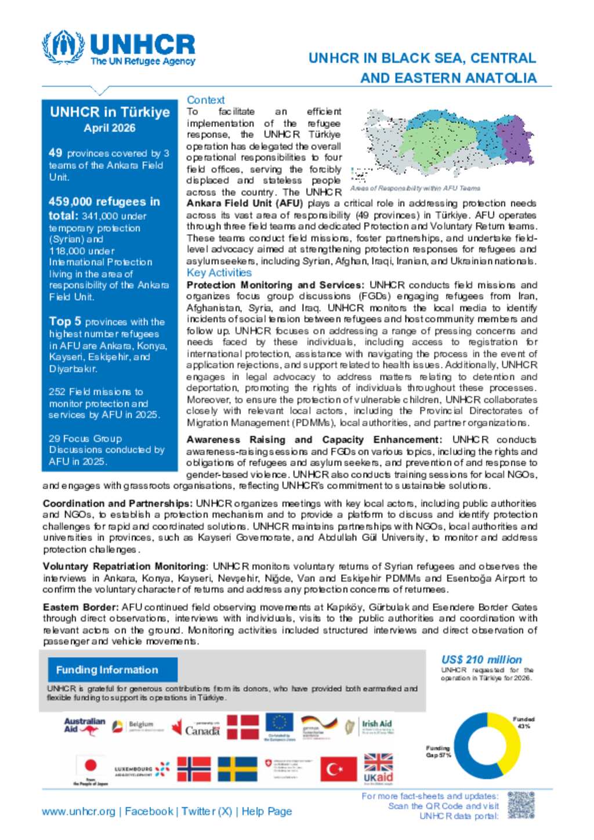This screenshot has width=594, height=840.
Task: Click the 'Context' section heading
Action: [x=205, y=100]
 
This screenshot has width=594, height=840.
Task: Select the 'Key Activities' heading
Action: [x=219, y=272]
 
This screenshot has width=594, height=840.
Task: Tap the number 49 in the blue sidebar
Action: [x=55, y=152]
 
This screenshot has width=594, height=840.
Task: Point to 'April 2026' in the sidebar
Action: [x=110, y=128]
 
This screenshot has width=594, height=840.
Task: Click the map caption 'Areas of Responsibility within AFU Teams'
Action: [x=415, y=188]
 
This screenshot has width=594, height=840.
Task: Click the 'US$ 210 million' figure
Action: [x=481, y=660]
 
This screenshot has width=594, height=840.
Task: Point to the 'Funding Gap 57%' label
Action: [x=438, y=751]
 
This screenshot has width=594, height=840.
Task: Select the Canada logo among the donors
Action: [x=196, y=728]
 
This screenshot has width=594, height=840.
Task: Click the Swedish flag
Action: [x=237, y=769]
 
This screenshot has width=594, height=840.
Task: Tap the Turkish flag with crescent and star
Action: [x=338, y=769]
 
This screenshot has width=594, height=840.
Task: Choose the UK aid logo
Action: [x=378, y=769]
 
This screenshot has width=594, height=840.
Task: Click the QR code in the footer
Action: [x=520, y=806]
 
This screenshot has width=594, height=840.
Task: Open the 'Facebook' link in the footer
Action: [x=149, y=812]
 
